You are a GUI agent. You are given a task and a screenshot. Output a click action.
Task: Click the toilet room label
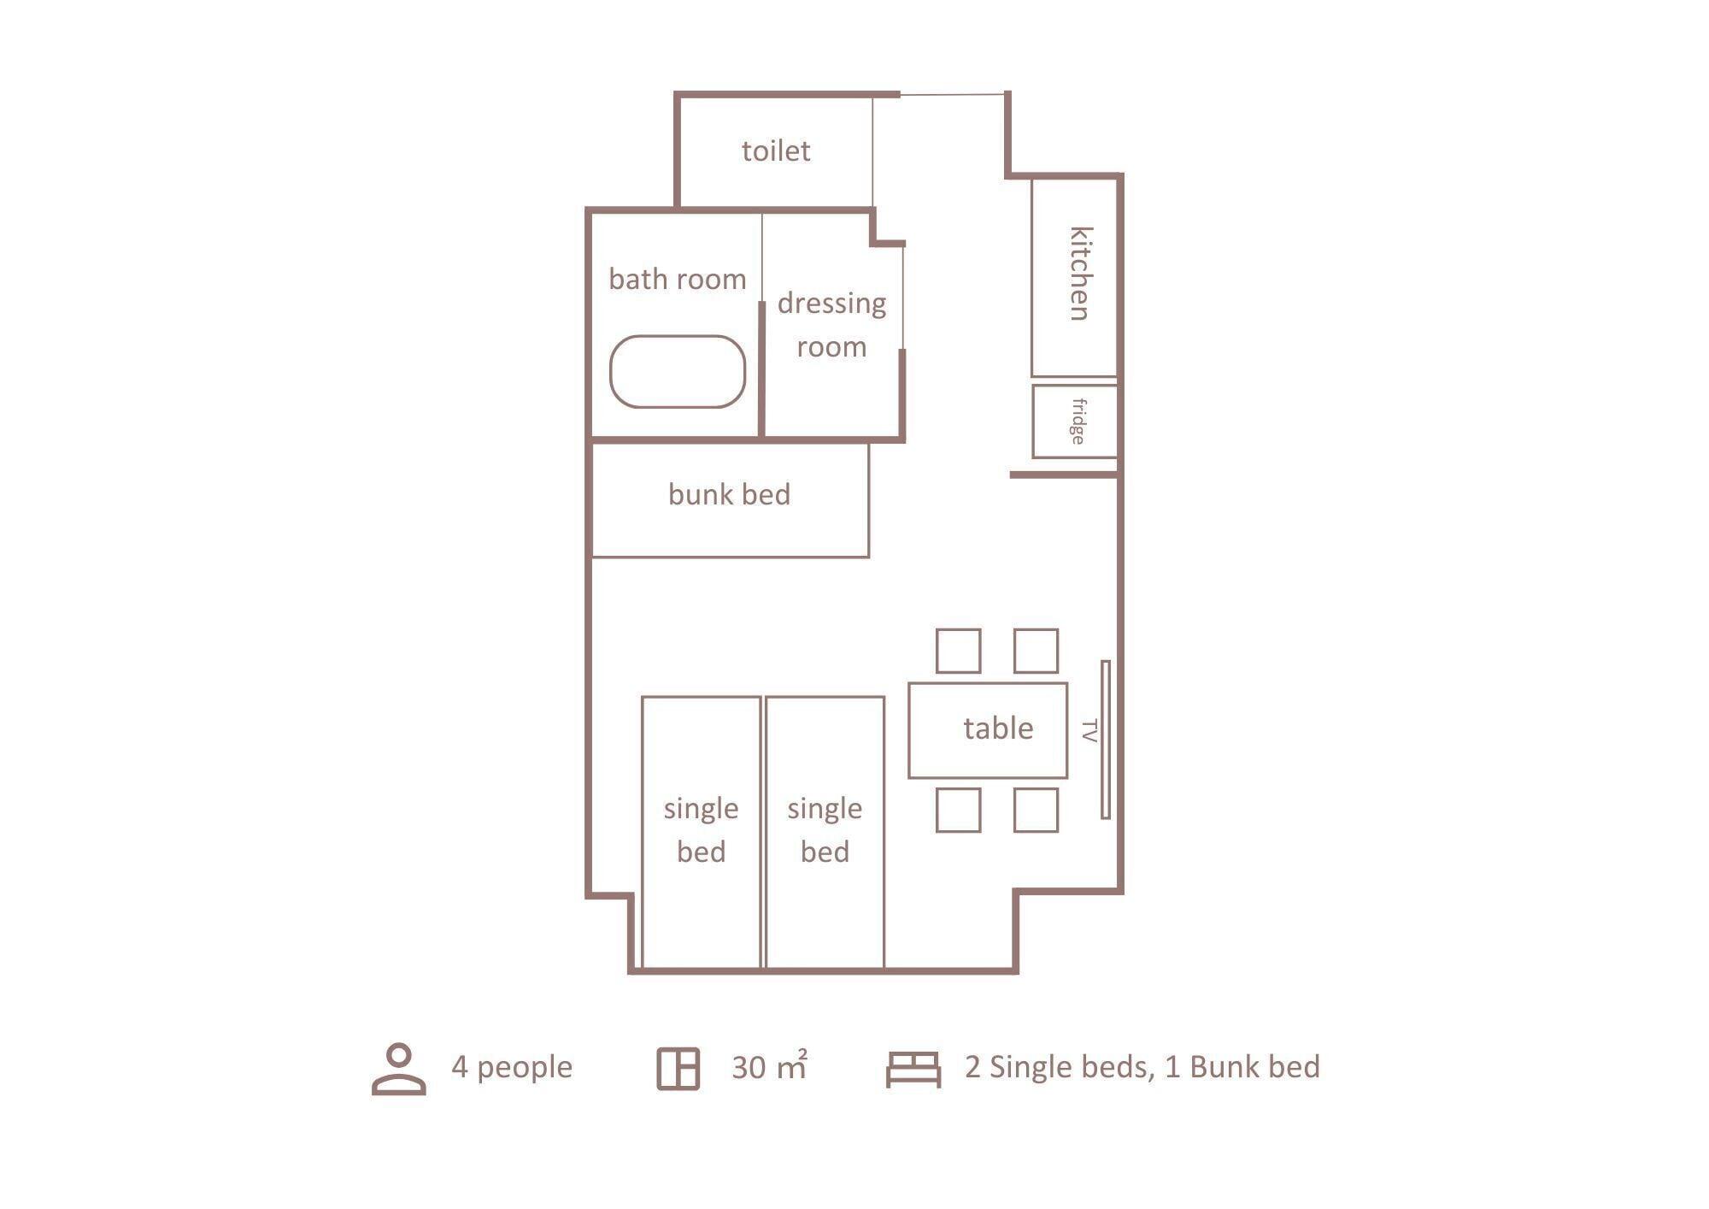(x=776, y=150)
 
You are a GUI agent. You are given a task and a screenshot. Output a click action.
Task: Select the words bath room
(x=678, y=279)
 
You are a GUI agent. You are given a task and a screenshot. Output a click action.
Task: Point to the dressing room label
(x=831, y=325)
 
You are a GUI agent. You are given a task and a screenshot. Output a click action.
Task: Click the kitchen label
(x=1081, y=274)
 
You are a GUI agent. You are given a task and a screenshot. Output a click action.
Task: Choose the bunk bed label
(x=729, y=494)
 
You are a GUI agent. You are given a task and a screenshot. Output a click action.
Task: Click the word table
(x=998, y=728)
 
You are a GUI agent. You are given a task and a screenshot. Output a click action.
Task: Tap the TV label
(x=1089, y=731)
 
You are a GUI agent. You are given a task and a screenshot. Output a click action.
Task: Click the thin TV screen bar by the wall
(x=1106, y=740)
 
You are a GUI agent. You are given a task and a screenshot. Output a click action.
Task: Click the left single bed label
(x=701, y=830)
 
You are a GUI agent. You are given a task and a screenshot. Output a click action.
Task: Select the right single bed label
(x=825, y=830)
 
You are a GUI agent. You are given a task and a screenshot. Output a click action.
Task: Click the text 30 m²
(x=769, y=1066)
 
